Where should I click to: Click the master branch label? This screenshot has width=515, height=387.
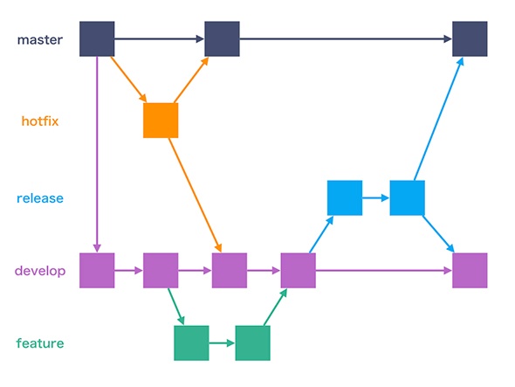(40, 40)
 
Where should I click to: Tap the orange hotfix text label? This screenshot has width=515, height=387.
(40, 121)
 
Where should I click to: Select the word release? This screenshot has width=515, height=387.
(40, 198)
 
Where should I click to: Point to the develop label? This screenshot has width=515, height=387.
(40, 272)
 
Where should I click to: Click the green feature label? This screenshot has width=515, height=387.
(40, 343)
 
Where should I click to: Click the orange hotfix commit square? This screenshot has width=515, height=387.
(161, 121)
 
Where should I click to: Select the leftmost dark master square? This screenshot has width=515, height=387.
(97, 38)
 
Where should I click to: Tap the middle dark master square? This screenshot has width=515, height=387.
(222, 38)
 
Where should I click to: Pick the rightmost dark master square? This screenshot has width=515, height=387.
(470, 38)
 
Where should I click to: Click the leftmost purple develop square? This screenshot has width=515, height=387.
(97, 271)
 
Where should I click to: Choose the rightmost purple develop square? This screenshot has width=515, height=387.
(470, 271)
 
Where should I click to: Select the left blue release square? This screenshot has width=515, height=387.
(345, 198)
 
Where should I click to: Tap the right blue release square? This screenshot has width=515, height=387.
(408, 198)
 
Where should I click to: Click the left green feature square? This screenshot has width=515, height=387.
(191, 343)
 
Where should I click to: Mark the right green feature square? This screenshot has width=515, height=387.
(253, 343)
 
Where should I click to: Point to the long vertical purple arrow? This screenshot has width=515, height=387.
(97, 155)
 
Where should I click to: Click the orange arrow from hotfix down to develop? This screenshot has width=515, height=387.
(196, 196)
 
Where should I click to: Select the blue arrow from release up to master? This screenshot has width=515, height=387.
(439, 119)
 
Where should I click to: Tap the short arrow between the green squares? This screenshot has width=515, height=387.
(222, 343)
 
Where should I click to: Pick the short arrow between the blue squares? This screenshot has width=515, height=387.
(376, 198)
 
